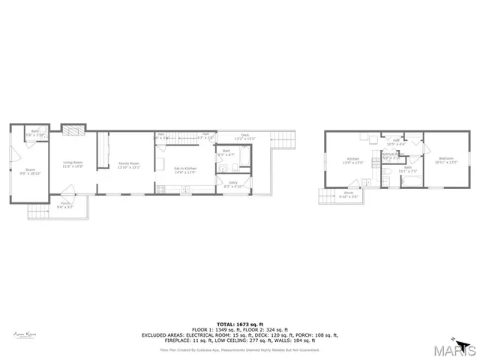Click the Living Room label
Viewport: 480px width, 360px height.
(72, 164)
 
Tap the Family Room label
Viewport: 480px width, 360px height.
(130, 165)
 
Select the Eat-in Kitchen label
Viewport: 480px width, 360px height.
(185, 170)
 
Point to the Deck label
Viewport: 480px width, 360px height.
(244, 137)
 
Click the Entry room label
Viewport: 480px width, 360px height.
(233, 184)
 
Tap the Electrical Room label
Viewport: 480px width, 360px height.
(391, 157)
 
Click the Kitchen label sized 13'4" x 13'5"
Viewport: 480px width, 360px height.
(353, 160)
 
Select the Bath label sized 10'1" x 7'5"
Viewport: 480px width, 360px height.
(408, 169)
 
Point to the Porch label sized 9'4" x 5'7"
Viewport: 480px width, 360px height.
(65, 205)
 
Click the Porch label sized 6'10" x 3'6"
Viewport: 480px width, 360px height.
(349, 194)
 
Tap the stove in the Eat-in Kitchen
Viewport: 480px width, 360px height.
(161, 187)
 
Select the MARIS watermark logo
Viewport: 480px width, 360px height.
(455, 348)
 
